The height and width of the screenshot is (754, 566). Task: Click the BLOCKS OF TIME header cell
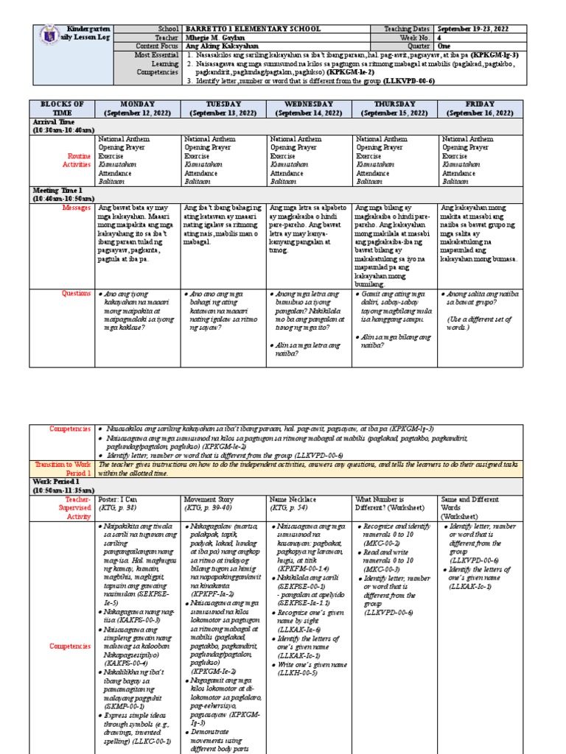coord(62,108)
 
